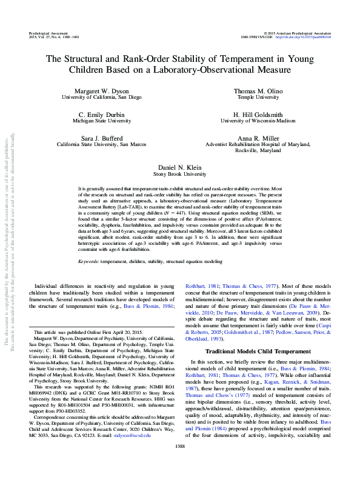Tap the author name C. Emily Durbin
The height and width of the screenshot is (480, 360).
pyautogui.click(x=102, y=115)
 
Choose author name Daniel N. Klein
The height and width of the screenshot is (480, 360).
pyautogui.click(x=179, y=166)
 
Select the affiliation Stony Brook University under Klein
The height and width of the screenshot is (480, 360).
pyautogui.click(x=179, y=173)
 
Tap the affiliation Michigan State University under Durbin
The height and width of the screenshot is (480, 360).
pyautogui.click(x=102, y=121)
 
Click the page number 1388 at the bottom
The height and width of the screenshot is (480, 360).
pyautogui.click(x=179, y=462)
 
